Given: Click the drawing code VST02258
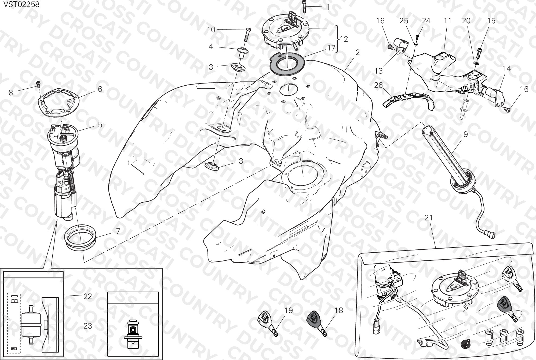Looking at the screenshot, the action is (x=21, y=5).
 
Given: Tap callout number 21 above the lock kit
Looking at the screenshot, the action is (x=429, y=217).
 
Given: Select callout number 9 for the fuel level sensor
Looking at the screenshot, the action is (x=465, y=134).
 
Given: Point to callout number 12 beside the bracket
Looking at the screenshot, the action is (x=344, y=39).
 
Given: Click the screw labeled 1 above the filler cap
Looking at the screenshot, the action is (x=304, y=6).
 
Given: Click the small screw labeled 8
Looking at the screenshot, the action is (x=39, y=84).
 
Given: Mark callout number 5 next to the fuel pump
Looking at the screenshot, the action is (x=100, y=125).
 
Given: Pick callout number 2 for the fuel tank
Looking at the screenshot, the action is (x=358, y=52).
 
